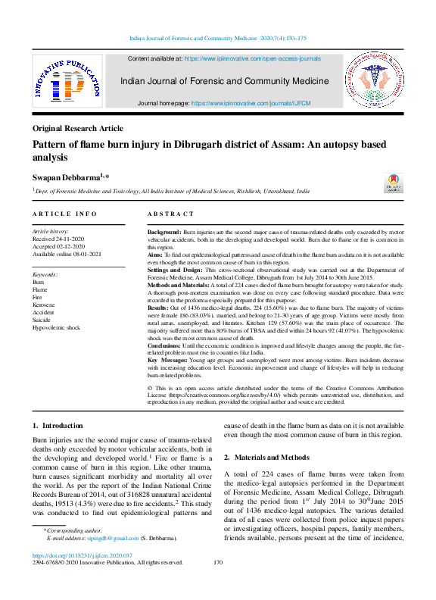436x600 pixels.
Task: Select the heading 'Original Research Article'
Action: (x=77, y=129)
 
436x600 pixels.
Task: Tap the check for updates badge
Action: (x=394, y=183)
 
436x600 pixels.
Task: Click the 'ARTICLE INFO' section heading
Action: (x=64, y=215)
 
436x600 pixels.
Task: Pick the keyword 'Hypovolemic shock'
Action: (x=56, y=327)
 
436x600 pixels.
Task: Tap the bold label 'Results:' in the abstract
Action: (x=158, y=309)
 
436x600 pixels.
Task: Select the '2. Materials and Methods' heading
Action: (x=266, y=458)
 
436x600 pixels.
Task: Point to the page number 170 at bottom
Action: (x=218, y=562)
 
